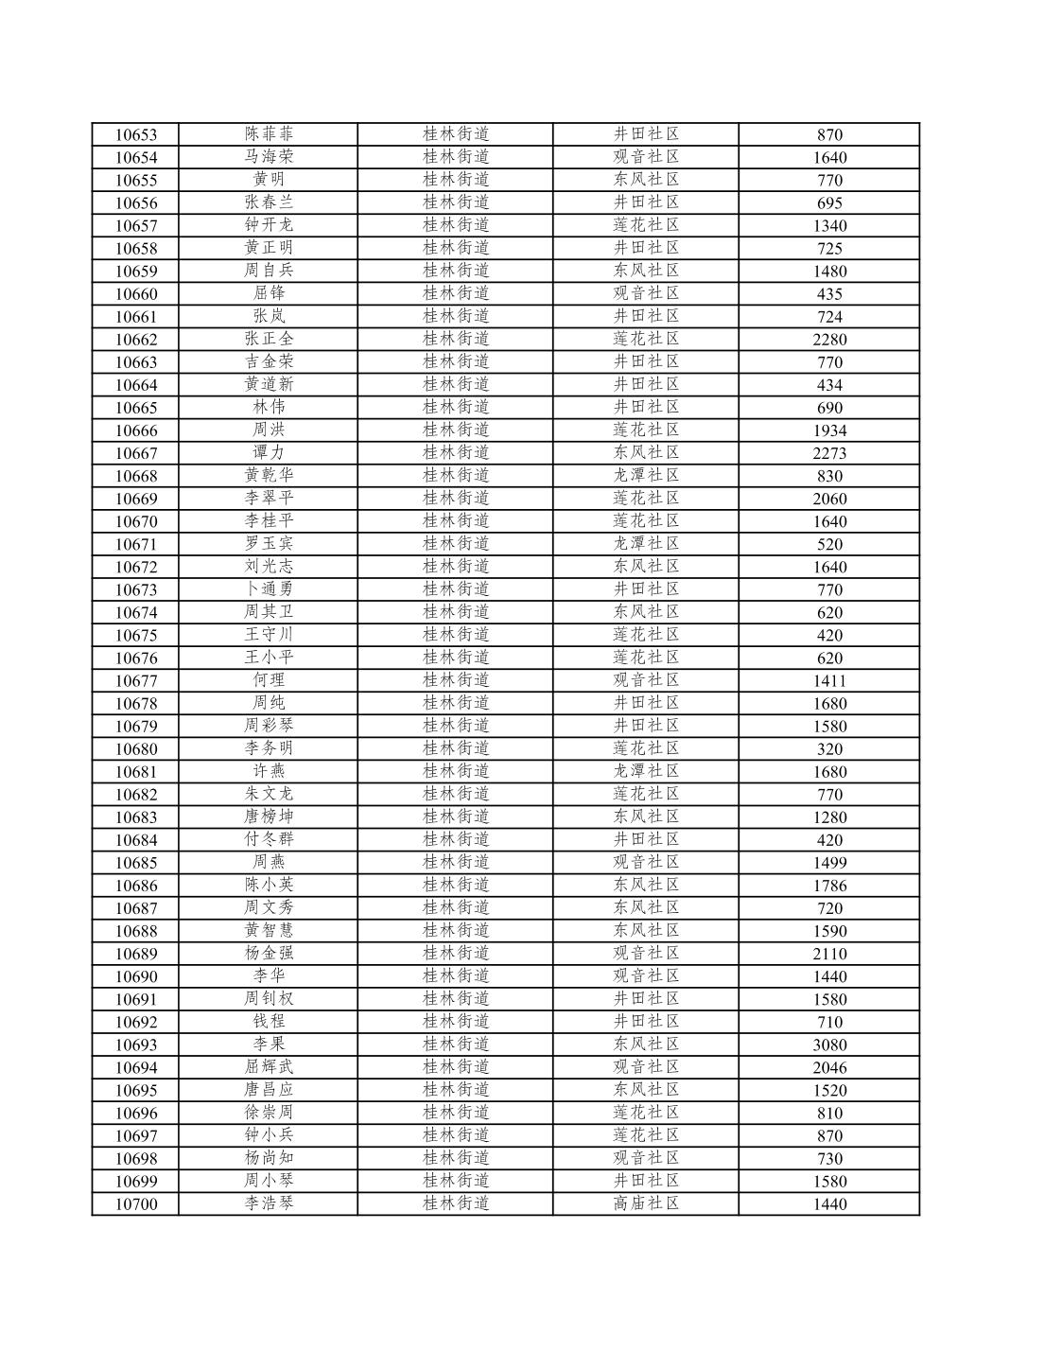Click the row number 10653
pyautogui.click(x=136, y=135)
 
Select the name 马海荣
pyautogui.click(x=269, y=157)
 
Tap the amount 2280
pyautogui.click(x=829, y=340)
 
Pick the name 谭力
pyautogui.click(x=269, y=453)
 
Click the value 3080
pyautogui.click(x=829, y=1045)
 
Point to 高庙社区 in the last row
pyautogui.click(x=646, y=1203)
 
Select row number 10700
pyautogui.click(x=136, y=1204)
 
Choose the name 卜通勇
pyautogui.click(x=269, y=589)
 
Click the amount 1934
pyautogui.click(x=829, y=430)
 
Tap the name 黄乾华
pyautogui.click(x=269, y=476)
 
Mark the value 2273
pyautogui.click(x=829, y=453)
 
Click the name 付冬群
pyautogui.click(x=269, y=839)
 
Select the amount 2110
pyautogui.click(x=829, y=954)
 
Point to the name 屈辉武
pyautogui.click(x=269, y=1067)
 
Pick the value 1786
pyautogui.click(x=829, y=886)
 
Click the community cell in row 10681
pyautogui.click(x=646, y=771)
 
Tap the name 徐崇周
pyautogui.click(x=269, y=1113)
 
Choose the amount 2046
pyautogui.click(x=829, y=1068)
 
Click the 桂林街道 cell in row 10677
pyautogui.click(x=456, y=680)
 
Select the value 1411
pyautogui.click(x=829, y=681)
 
